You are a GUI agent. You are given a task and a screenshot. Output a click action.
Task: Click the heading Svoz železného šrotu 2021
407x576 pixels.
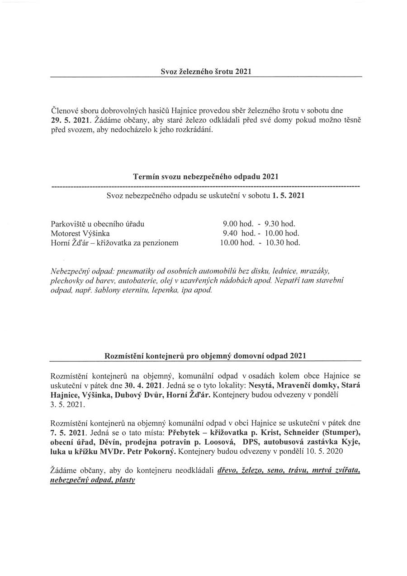(206, 72)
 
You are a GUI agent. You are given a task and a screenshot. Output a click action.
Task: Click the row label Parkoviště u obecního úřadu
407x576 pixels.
(98, 224)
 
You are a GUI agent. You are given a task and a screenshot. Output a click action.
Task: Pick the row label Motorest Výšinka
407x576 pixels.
(80, 233)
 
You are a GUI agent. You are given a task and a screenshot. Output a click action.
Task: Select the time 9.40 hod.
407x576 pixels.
(239, 233)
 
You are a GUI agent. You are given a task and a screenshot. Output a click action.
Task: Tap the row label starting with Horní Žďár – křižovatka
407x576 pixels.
(115, 243)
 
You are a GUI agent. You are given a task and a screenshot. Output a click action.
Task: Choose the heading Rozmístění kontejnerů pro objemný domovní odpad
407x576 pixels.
(205, 356)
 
